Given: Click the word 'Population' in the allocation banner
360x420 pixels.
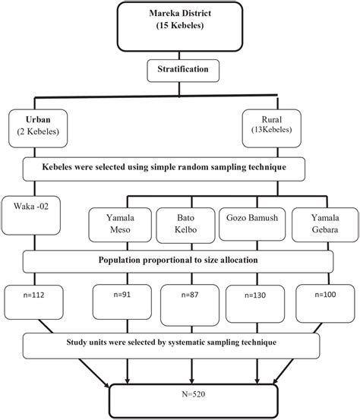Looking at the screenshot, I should (125, 260).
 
